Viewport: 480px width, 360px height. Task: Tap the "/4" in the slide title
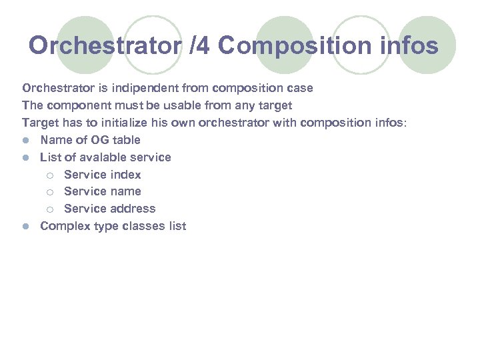(200, 46)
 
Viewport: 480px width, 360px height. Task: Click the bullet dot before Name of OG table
(26, 140)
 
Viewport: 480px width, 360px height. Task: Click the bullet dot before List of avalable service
(26, 157)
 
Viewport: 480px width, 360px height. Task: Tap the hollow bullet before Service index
(50, 175)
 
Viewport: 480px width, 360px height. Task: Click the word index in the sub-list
(126, 175)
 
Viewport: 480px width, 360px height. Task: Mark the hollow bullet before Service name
(50, 192)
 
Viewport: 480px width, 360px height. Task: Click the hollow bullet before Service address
(50, 209)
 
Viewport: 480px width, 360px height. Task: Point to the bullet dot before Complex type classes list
(26, 227)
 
